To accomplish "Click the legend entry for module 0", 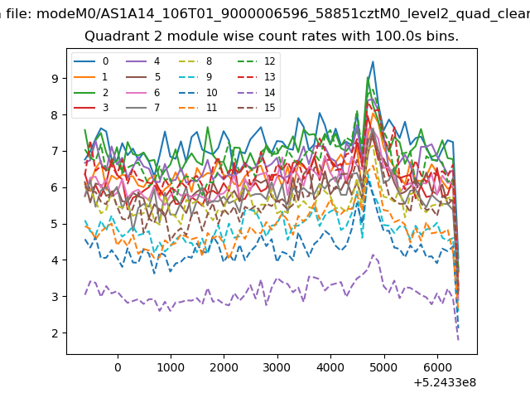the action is coord(91,61).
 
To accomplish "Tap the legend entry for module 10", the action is coord(198,92).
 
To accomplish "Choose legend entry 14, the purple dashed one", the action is coord(256,92).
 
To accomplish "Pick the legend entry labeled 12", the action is coord(256,61).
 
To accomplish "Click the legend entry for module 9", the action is coord(195,77).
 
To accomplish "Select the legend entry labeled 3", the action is coord(91,108).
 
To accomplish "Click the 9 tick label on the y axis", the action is coord(55,79).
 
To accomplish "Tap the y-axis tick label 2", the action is coord(55,333).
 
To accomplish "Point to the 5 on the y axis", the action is coord(55,224).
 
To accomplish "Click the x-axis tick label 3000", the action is coord(277,367).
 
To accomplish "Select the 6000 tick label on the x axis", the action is coord(437,367).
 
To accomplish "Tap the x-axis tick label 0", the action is coord(118,367).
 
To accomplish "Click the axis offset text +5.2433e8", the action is coord(445,382).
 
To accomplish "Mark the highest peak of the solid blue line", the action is coord(373,61).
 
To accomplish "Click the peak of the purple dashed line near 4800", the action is coord(373,255).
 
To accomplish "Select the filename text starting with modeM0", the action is coord(283,14).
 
